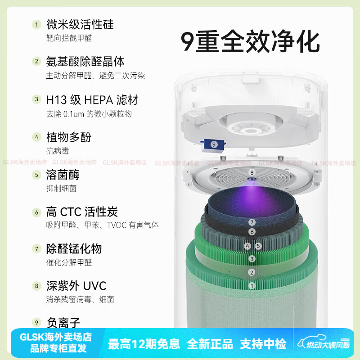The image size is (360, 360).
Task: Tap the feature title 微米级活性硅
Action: point(80,24)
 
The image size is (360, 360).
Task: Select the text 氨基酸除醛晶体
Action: point(85,61)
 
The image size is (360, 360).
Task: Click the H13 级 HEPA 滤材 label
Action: point(92,99)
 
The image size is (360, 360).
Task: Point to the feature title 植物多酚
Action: point(68,137)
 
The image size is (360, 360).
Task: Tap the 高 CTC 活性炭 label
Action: point(82,211)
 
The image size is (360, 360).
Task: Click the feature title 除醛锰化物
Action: point(74,248)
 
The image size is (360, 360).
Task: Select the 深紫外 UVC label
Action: point(76,286)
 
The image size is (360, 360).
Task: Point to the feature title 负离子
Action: point(63,322)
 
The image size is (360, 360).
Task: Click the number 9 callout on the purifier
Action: point(214,144)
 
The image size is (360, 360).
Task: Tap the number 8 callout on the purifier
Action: point(252,172)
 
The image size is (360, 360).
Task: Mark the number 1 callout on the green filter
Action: point(252,286)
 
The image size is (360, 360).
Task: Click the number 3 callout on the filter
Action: point(252,259)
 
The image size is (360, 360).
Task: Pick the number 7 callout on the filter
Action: point(252,222)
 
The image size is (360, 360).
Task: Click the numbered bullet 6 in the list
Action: point(36,212)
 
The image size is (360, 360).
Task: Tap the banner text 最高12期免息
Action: point(144,344)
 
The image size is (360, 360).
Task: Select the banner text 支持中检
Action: point(263,344)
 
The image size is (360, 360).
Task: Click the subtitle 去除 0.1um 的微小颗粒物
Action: point(89,114)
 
